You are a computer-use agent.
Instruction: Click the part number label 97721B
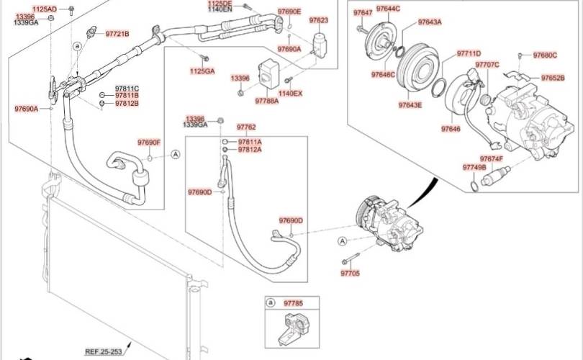pos(117,34)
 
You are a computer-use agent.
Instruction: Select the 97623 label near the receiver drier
pos(319,19)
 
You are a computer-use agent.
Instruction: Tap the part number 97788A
pos(266,101)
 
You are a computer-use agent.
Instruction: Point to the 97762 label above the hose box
pos(246,127)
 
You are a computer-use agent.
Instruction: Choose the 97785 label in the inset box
pos(294,303)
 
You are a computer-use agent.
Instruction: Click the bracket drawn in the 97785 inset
pos(292,329)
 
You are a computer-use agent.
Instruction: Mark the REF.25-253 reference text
pos(104,351)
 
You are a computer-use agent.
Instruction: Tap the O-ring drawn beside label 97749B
pos(474,186)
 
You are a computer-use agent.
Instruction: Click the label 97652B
pos(553,78)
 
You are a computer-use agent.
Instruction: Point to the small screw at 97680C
pos(520,56)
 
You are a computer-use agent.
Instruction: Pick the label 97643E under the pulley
pos(410,105)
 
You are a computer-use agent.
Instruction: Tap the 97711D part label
pos(469,53)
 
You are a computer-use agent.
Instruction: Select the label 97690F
pos(149,143)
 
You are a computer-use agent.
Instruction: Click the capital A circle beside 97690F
pos(176,154)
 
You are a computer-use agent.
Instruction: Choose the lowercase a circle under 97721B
pos(77,46)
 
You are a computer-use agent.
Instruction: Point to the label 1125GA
pos(202,71)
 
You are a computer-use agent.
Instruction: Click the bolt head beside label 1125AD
pos(71,9)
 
